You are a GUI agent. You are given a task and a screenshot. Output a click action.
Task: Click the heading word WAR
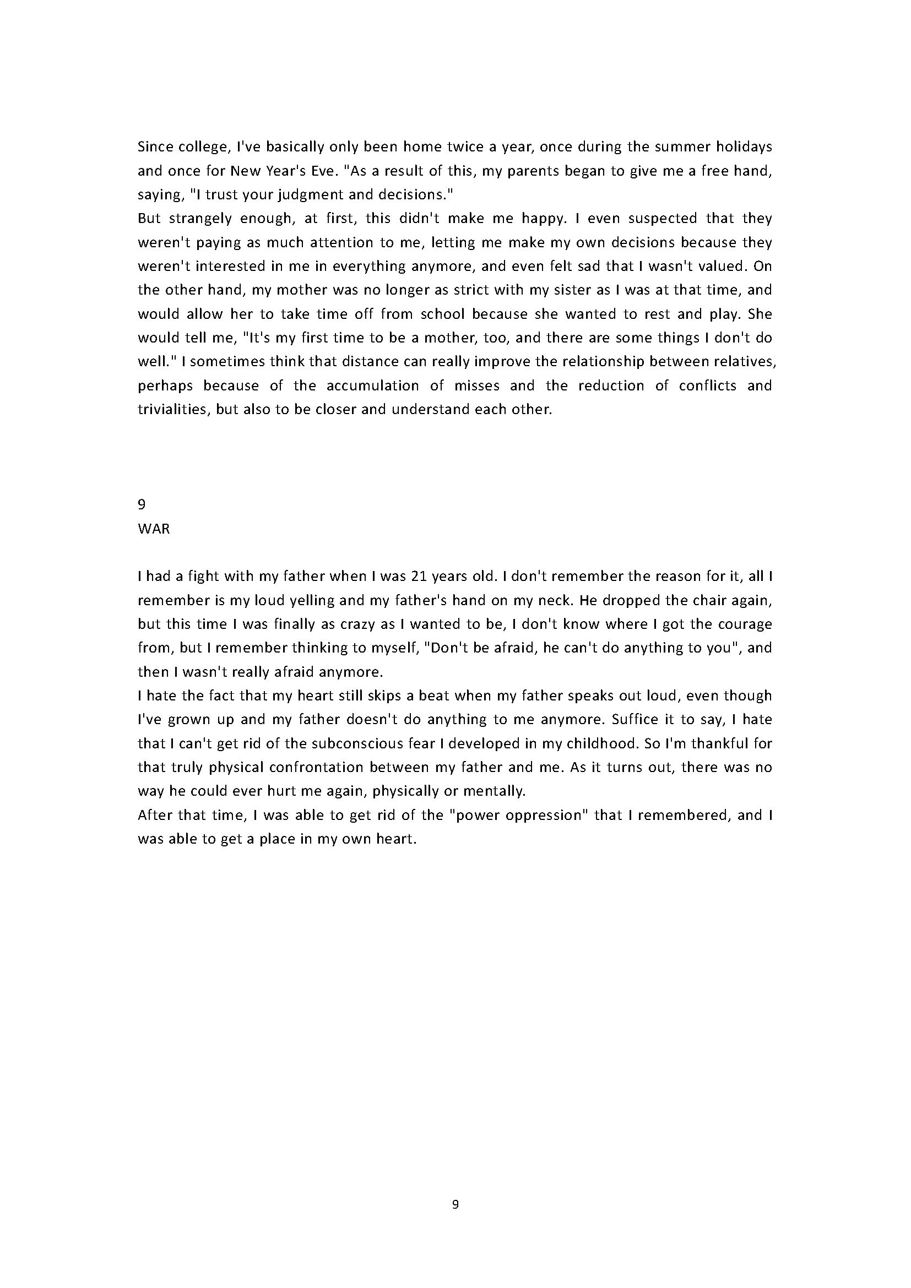pos(154,529)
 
